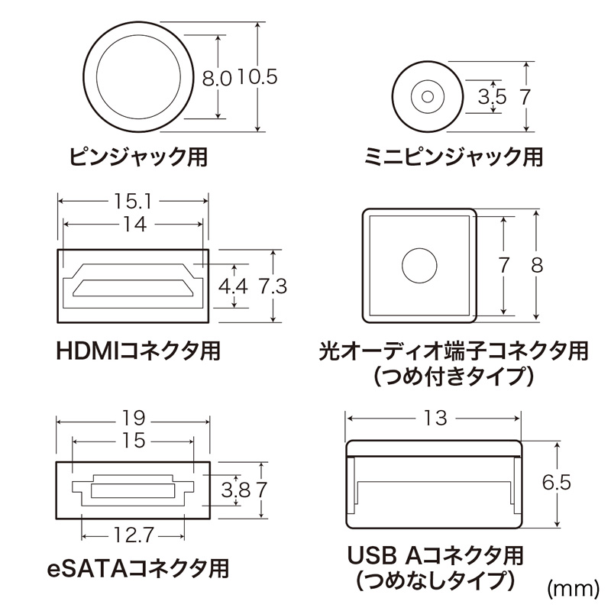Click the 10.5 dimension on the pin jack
(x=256, y=78)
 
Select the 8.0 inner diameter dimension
(x=216, y=78)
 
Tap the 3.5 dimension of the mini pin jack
(x=492, y=97)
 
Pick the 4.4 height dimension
(x=234, y=286)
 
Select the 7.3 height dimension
(x=273, y=286)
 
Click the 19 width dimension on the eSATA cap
(x=134, y=419)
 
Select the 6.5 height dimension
(x=555, y=483)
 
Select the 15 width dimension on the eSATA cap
(x=134, y=441)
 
